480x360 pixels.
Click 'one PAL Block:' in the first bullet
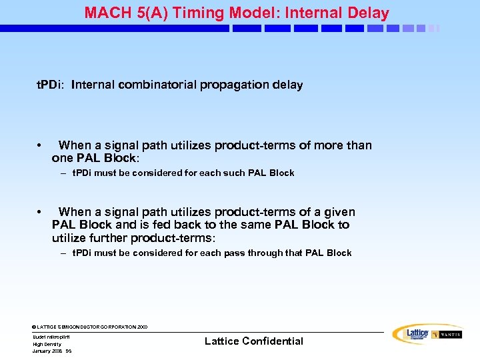[x=95, y=158]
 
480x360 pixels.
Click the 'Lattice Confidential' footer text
[x=253, y=341]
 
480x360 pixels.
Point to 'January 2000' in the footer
[x=47, y=351]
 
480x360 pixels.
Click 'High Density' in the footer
[x=47, y=344]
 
